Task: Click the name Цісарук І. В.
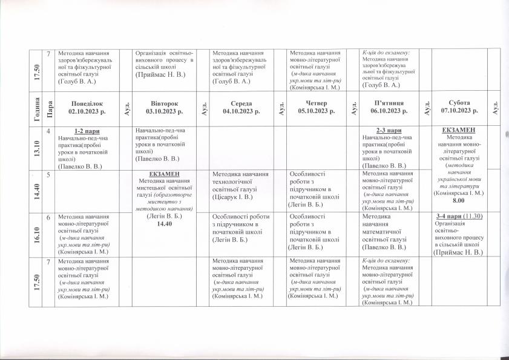click(x=234, y=197)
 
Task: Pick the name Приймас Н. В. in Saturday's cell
click(x=462, y=254)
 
